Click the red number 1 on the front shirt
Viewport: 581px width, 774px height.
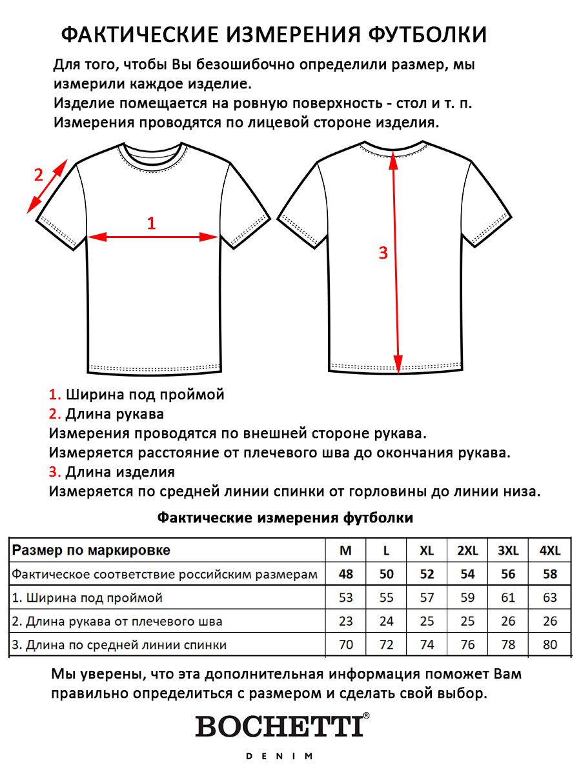152,223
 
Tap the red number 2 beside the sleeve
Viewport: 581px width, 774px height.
39,175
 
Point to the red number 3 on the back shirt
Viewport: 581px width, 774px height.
383,253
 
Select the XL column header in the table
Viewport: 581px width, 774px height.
427,550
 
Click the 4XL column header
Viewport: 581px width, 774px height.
549,550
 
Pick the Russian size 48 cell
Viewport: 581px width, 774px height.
346,574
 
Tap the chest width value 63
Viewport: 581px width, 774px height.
549,598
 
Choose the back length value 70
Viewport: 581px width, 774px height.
346,644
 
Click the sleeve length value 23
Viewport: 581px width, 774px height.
346,621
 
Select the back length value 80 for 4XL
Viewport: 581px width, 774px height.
549,644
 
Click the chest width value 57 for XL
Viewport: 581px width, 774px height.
427,598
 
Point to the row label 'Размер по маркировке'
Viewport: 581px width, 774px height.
91,550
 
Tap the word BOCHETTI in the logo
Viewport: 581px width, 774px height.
279,726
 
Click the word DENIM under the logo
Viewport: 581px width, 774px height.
280,756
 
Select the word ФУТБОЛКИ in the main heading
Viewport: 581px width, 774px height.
427,34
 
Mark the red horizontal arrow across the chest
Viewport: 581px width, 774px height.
152,237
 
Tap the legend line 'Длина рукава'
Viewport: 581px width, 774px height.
114,413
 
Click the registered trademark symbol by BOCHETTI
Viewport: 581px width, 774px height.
366,716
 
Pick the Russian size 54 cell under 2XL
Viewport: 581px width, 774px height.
467,574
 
